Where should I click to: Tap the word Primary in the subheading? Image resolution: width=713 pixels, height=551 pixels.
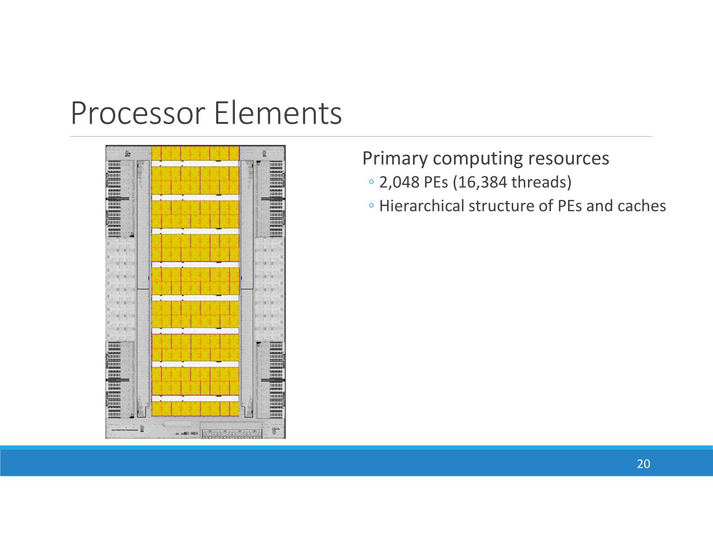point(395,158)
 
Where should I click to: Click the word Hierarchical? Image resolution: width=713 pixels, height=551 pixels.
point(423,206)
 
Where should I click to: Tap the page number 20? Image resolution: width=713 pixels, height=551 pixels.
point(643,464)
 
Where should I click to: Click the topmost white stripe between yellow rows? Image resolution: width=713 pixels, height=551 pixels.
point(195,163)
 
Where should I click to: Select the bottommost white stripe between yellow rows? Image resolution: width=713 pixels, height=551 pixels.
point(195,398)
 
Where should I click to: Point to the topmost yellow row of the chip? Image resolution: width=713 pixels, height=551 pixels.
point(195,153)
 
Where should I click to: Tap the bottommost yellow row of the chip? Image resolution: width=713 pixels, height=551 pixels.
point(195,409)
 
